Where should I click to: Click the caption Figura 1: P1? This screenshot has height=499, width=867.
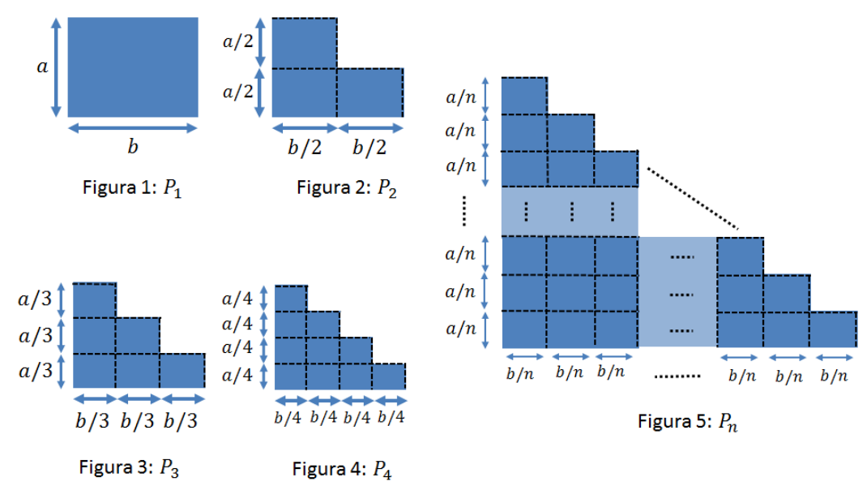click(x=132, y=188)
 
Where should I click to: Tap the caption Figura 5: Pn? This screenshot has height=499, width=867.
click(x=687, y=422)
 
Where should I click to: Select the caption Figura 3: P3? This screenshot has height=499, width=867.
click(x=129, y=468)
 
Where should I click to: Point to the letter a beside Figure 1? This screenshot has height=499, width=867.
click(x=43, y=67)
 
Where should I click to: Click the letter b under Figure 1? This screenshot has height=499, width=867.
click(x=133, y=146)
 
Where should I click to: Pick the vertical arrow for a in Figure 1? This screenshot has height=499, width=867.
click(x=56, y=67)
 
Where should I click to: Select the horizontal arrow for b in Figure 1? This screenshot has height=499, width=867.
click(x=133, y=128)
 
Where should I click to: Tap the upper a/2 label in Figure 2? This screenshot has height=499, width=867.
click(x=238, y=41)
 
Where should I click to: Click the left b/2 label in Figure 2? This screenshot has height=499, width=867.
click(x=305, y=148)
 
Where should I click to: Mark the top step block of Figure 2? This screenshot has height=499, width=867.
click(x=304, y=43)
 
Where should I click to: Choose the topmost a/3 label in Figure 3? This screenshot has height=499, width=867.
click(x=35, y=299)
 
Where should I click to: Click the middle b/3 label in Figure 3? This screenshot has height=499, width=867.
click(x=137, y=421)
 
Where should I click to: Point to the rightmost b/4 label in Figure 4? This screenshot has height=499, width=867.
click(x=391, y=417)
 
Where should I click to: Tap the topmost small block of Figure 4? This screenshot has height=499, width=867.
click(x=291, y=299)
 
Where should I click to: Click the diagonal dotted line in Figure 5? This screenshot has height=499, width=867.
click(x=693, y=198)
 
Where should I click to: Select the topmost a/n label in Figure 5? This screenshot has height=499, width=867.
click(x=461, y=97)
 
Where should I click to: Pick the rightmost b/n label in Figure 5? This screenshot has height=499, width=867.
click(x=834, y=376)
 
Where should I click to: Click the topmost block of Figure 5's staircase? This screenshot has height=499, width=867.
click(x=525, y=96)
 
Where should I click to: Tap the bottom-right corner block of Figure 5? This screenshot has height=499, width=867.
click(x=834, y=329)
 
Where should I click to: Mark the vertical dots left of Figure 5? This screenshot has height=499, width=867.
click(x=464, y=211)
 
